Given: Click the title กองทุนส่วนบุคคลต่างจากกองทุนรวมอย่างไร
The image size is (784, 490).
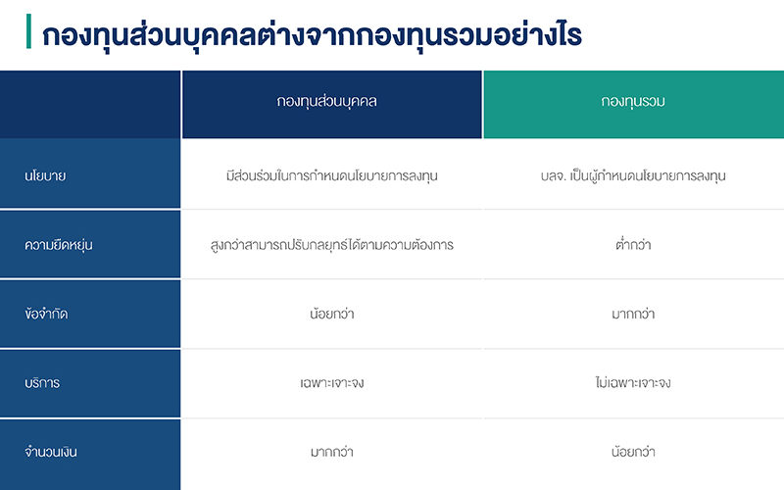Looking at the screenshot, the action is (312, 34).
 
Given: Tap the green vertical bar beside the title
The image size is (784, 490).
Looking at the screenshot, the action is (28, 31).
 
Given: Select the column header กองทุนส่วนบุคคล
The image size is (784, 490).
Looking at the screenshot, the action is (326, 102).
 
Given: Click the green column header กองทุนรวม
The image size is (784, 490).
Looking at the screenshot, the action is (633, 102).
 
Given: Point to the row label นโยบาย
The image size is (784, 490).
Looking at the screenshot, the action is (45, 176).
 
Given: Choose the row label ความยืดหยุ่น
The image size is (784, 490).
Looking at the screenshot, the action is (59, 245).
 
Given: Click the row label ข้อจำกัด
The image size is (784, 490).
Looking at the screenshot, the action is (46, 314).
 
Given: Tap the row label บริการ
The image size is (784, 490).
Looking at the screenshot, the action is (42, 383).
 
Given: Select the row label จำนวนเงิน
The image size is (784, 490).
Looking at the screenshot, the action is (51, 452).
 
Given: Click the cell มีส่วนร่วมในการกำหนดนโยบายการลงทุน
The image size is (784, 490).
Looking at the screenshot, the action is (332, 176).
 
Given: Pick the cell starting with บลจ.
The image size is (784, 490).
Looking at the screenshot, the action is (633, 176).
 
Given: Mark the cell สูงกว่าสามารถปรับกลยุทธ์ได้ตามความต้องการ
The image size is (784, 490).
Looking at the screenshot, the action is (332, 245).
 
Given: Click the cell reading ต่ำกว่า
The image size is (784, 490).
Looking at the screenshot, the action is (633, 244).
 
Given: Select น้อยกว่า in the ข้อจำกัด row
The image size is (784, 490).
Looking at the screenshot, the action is (332, 314).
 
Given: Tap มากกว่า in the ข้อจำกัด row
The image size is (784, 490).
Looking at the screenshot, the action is (633, 314).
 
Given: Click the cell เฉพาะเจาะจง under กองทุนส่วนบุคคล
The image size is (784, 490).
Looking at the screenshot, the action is (332, 383).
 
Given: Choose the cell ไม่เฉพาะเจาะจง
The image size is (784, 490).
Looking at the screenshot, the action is (633, 382).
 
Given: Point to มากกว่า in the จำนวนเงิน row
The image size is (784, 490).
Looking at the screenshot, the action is (332, 452).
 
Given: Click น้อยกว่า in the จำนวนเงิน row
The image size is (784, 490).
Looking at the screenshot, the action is (633, 452).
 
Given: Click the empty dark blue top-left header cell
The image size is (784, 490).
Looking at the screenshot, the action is (90, 105).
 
